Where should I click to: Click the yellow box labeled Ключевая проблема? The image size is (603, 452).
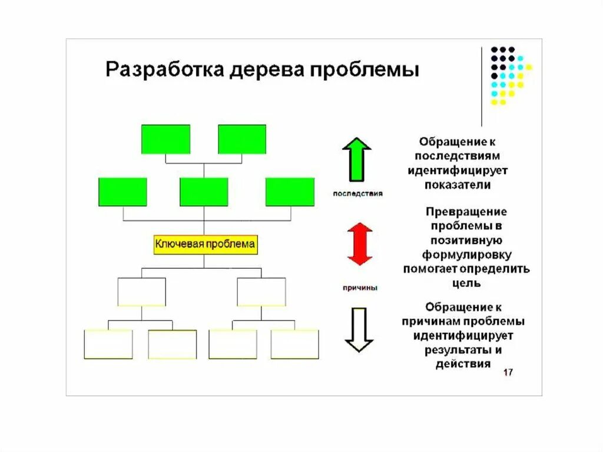click(x=206, y=244)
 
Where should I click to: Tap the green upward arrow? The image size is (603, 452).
click(x=357, y=159)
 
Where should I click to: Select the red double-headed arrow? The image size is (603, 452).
click(x=360, y=244)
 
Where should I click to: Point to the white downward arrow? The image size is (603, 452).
click(x=358, y=329)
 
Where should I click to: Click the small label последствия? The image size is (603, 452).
click(x=357, y=193)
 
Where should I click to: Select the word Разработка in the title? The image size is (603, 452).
click(x=165, y=70)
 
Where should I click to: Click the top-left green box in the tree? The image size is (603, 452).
click(x=165, y=139)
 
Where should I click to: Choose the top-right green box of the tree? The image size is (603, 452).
click(x=242, y=139)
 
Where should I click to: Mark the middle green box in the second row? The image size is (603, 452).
click(x=204, y=192)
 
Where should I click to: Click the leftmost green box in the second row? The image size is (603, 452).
click(x=122, y=192)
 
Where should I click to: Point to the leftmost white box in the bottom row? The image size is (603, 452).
click(x=108, y=344)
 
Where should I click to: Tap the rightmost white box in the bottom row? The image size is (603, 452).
click(x=294, y=344)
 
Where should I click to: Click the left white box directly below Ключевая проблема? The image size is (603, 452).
click(x=141, y=292)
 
